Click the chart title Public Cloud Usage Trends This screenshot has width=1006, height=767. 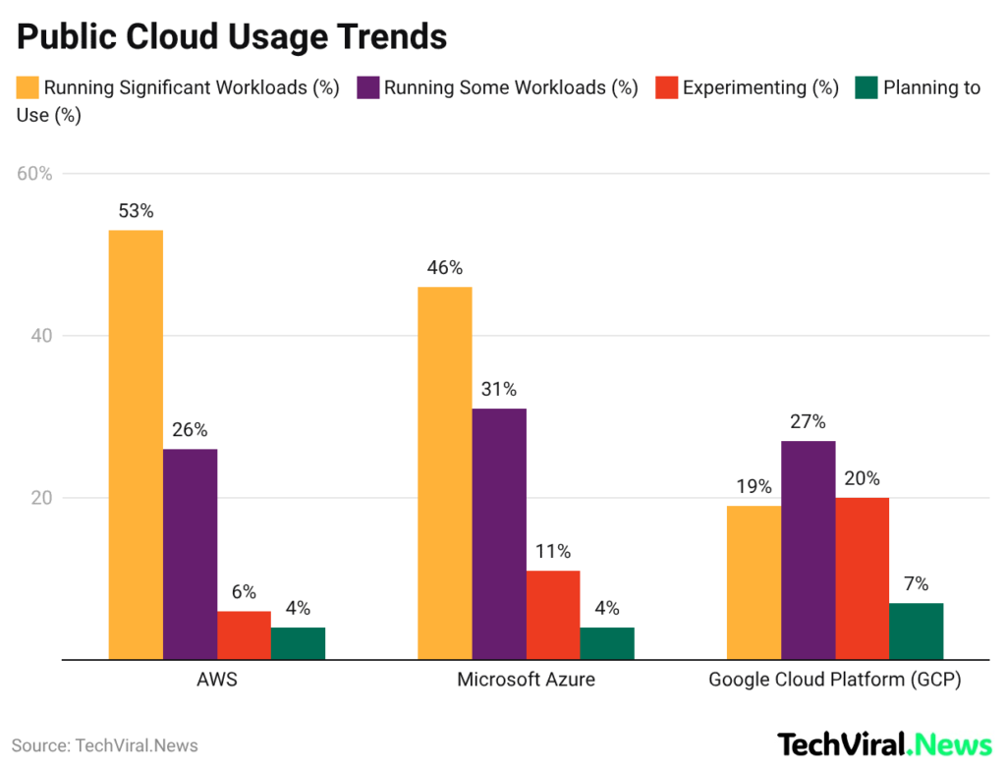click(232, 36)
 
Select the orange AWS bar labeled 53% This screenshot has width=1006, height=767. click(136, 444)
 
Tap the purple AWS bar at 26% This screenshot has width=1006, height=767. click(190, 554)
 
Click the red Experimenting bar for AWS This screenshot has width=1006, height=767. click(244, 635)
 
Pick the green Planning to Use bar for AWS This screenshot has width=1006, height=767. click(298, 643)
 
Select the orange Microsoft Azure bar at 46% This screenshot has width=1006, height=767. click(444, 472)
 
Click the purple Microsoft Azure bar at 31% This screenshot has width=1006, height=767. click(499, 533)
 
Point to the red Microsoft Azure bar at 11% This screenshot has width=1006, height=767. click(553, 615)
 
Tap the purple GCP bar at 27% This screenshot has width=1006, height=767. click(808, 550)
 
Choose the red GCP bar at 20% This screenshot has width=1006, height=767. click(862, 578)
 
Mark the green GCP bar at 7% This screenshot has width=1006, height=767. click(916, 630)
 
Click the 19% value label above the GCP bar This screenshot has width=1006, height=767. click(754, 486)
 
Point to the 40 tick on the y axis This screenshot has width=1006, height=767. click(41, 336)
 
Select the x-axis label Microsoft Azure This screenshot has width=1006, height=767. click(526, 680)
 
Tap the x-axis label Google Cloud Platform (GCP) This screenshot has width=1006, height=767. click(834, 680)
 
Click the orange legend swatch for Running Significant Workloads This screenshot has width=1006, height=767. click(28, 87)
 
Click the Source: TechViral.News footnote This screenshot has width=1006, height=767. click(105, 745)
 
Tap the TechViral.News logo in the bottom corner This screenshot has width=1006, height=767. click(884, 744)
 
